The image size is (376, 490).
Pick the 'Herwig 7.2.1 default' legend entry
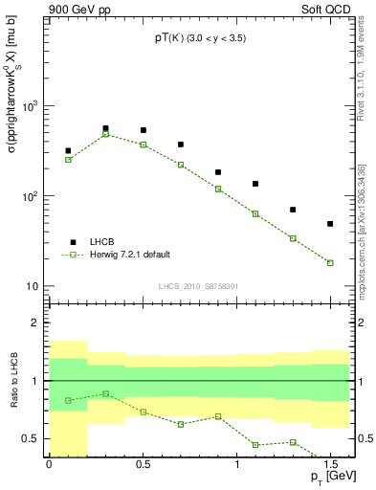128,255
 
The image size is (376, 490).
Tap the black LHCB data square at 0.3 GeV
105,128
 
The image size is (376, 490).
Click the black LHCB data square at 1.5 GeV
330,224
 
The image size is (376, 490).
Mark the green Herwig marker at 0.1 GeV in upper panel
68,159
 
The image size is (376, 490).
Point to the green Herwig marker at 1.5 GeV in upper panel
330,262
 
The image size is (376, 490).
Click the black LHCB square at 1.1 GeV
255,184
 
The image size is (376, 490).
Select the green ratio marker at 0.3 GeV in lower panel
105,393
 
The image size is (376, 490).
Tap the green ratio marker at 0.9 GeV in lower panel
218,416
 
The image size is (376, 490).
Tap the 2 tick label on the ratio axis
38,323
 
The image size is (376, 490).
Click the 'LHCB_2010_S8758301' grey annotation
198,284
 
